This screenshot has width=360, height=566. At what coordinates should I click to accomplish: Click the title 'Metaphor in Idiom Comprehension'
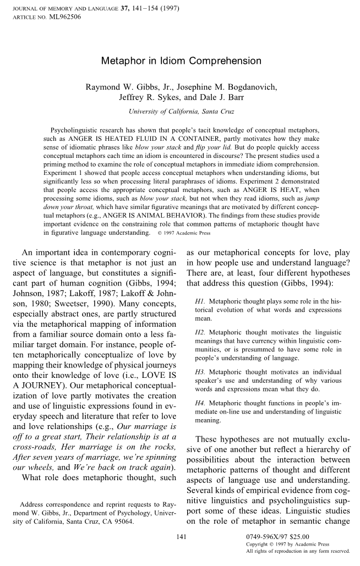click(181, 61)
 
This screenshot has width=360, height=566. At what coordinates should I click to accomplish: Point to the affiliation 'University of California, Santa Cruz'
click(181, 111)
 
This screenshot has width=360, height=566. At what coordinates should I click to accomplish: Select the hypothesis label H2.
click(201, 332)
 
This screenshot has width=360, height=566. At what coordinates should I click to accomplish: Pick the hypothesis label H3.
click(201, 372)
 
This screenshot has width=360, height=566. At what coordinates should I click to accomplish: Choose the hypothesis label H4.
click(201, 403)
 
